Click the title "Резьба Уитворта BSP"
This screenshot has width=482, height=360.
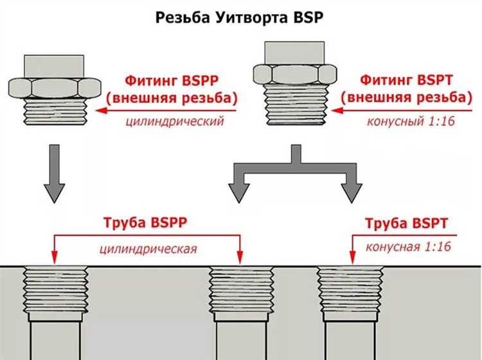240,17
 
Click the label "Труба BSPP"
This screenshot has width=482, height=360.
147,224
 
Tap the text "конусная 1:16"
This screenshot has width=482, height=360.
406,247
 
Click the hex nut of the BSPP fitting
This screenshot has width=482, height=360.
49,88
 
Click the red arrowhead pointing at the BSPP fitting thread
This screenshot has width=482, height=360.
102,111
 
